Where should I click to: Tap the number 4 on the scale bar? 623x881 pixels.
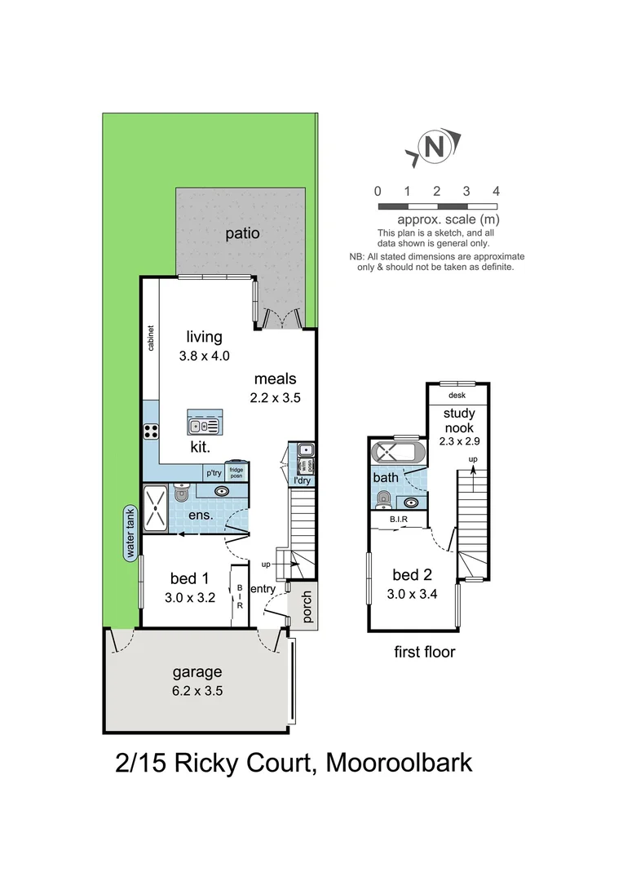tap(496, 191)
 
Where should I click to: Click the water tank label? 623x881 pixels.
tap(129, 532)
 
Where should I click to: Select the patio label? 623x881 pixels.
tap(242, 233)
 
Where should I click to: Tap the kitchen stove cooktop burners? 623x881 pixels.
tap(151, 432)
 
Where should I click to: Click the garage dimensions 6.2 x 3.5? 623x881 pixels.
tap(197, 690)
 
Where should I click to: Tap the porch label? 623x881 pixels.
tap(307, 607)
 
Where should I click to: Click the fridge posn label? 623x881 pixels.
tap(236, 472)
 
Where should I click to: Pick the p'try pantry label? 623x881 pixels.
tap(214, 472)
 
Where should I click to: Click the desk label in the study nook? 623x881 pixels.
tap(457, 396)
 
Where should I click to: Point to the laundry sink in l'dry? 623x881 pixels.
tap(303, 450)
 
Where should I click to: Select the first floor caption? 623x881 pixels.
tap(424, 652)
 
